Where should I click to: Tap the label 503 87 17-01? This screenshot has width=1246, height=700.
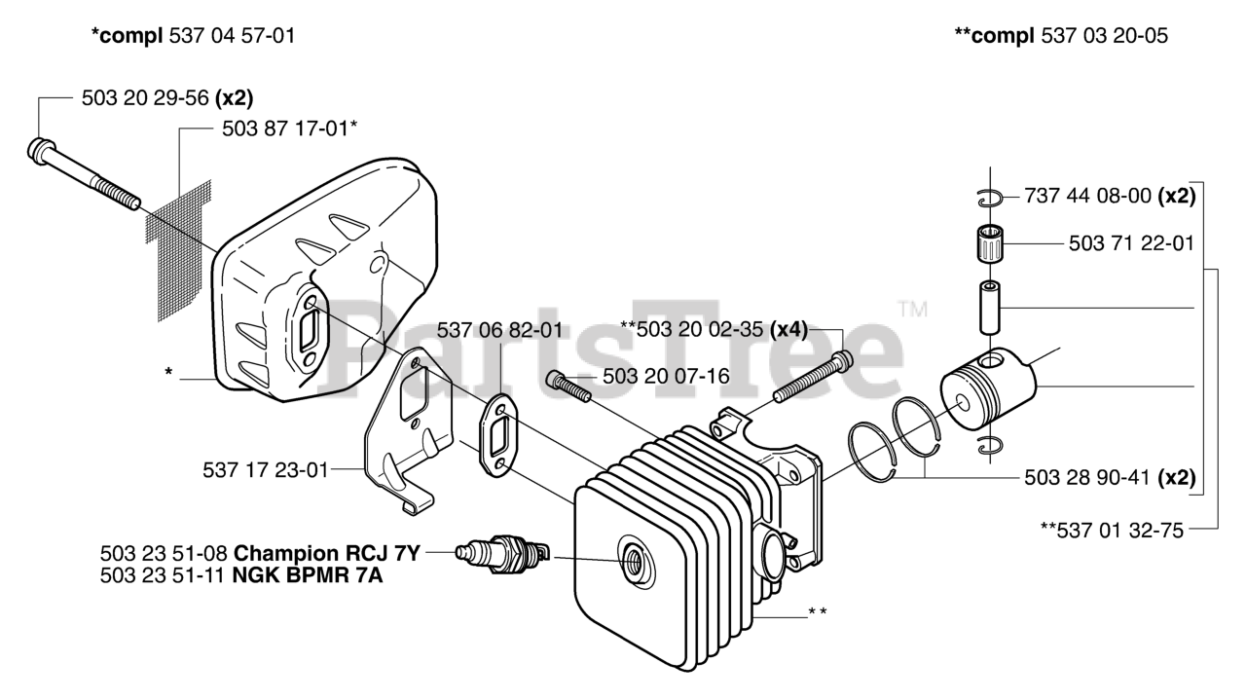[273, 128]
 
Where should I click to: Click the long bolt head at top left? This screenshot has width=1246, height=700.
[42, 150]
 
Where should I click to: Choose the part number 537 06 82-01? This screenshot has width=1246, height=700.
[498, 330]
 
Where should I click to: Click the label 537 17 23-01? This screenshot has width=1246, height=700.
[266, 469]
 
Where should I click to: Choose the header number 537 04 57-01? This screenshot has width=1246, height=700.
[232, 36]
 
